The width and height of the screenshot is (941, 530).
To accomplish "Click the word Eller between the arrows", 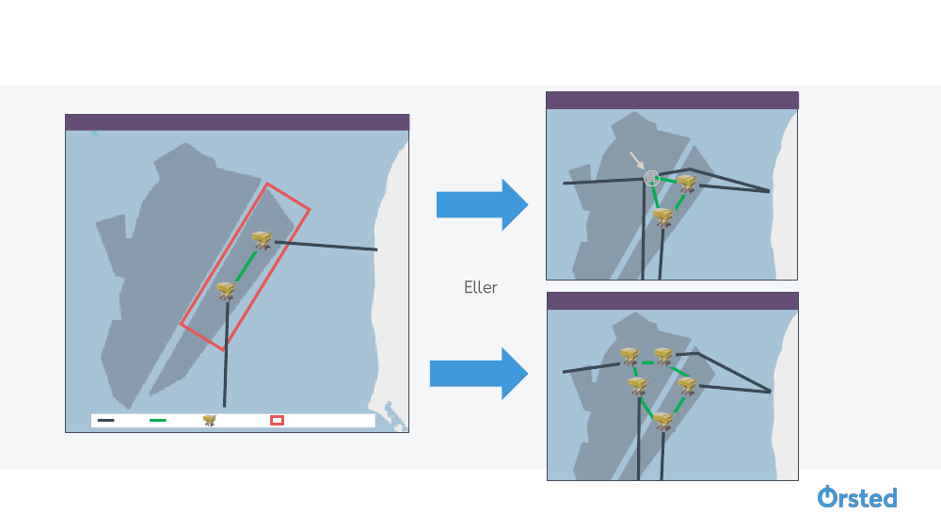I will [480, 287].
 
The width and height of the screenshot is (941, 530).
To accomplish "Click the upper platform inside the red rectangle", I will [262, 241].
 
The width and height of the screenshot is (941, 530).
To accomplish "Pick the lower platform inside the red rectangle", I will [226, 291].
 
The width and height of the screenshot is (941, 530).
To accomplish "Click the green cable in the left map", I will [244, 266].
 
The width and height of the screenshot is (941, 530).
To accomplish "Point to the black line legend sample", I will [106, 421].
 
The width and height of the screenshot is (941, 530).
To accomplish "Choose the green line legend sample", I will [158, 421].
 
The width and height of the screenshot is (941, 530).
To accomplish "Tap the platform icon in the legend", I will [210, 421].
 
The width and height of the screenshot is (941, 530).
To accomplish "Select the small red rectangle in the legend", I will [277, 420].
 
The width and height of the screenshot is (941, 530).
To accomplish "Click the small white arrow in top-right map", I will [638, 161].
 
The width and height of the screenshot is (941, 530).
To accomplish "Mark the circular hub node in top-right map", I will [650, 177].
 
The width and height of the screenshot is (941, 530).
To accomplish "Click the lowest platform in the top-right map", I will [663, 217].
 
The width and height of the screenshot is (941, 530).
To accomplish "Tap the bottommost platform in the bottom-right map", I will [663, 421].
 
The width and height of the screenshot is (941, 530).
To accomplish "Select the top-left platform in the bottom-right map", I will [630, 355].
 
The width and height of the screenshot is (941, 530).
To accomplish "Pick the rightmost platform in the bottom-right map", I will [687, 385].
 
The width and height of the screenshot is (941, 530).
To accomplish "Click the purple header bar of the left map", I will [237, 121].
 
